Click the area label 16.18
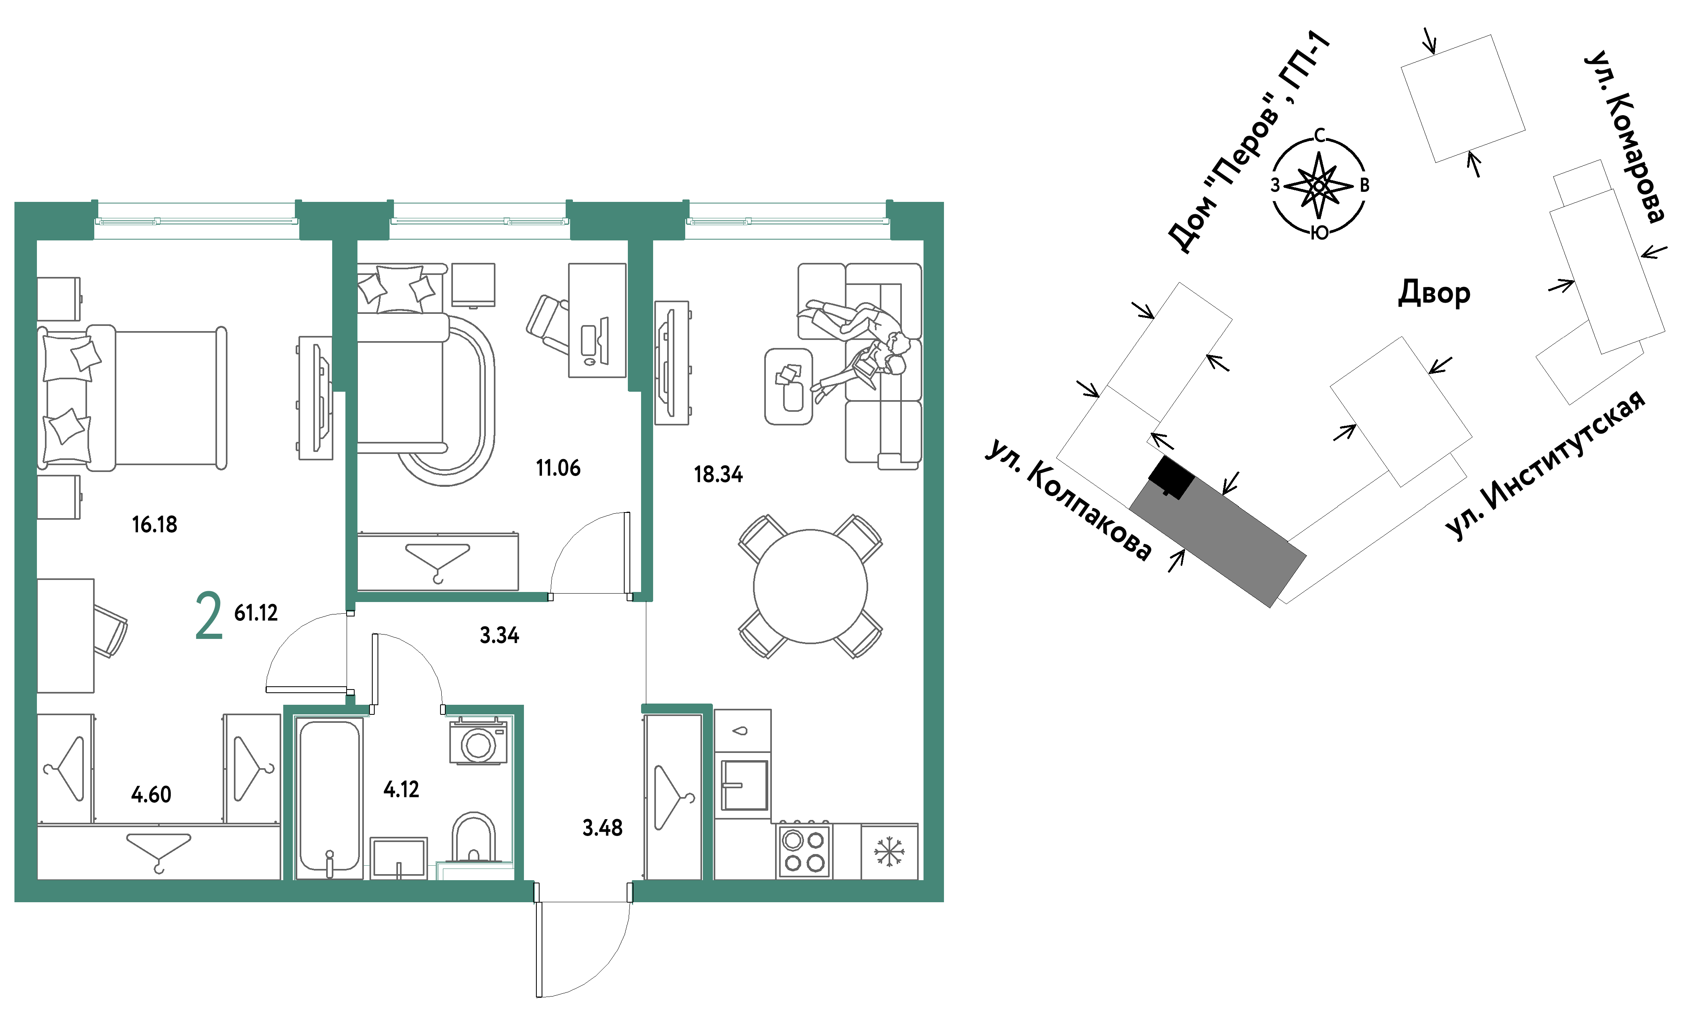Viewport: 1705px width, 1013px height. coord(154,524)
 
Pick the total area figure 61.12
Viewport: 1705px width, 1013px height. coord(256,612)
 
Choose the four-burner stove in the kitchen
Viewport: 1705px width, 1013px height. coord(804,850)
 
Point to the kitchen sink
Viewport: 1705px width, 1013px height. coord(744,785)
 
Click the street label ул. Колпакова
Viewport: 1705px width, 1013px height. coord(1068,501)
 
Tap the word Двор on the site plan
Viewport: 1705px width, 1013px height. coord(1434,293)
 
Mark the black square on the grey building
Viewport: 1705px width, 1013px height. coord(1171,476)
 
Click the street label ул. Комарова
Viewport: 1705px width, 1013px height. coord(1624,136)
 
